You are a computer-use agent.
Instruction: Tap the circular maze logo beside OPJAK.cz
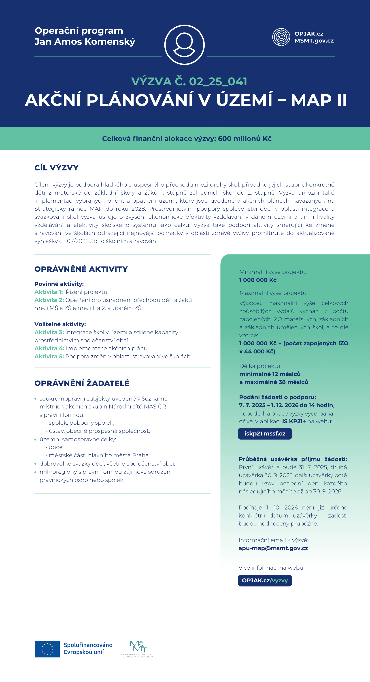pos(281,37)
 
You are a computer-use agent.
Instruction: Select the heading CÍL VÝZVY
pos(56,168)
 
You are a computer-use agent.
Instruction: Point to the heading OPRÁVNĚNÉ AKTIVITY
pos(81,269)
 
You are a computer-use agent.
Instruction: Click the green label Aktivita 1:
pos(49,292)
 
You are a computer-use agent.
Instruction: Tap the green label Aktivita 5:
pos(49,356)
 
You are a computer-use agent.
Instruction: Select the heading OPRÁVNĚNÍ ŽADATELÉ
pos(82,383)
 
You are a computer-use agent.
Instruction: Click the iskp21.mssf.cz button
pos(265,434)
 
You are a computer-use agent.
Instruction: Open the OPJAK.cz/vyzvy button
pos(265,581)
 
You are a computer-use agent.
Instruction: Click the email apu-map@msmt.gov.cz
pos(273,548)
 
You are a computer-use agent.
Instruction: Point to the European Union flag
pos(47,649)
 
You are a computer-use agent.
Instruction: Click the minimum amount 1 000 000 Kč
pos(258,280)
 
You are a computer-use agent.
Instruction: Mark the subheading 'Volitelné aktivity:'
pos(60,324)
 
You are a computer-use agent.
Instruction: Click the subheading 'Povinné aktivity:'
pos(59,284)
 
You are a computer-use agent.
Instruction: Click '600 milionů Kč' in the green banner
pos(245,138)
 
